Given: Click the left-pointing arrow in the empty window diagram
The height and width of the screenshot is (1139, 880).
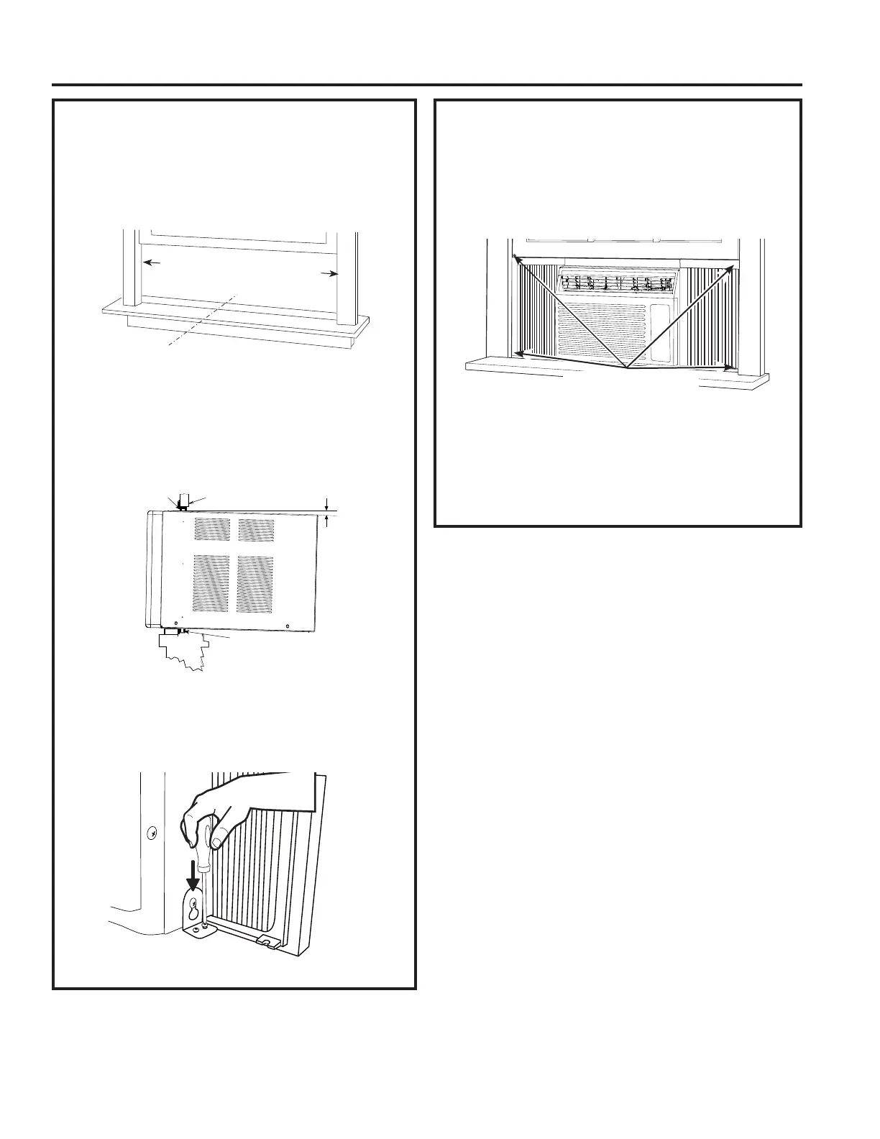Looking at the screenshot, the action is pos(150,263).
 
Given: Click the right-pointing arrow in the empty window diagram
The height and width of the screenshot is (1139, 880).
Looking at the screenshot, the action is pos(331,273).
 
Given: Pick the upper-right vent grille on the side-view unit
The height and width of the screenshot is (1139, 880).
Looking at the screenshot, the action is pos(255,531).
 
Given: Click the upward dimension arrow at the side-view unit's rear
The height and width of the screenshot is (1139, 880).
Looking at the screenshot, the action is pos(328,521).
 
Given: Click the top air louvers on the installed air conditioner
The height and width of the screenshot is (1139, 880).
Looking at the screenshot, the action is pos(617,280).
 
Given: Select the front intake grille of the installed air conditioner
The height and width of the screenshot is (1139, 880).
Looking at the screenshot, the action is pos(601,331).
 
